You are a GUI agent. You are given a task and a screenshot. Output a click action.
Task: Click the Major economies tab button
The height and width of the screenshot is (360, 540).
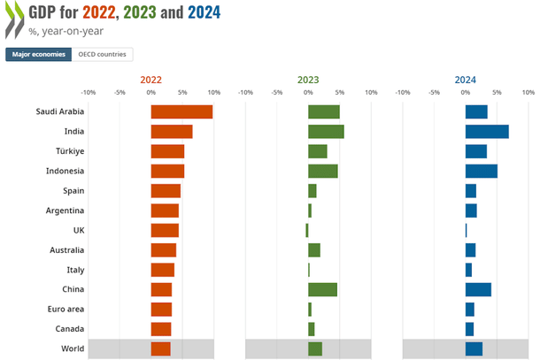pyautogui.click(x=38, y=55)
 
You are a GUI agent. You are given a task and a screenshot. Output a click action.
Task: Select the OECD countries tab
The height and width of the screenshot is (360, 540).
pyautogui.click(x=103, y=55)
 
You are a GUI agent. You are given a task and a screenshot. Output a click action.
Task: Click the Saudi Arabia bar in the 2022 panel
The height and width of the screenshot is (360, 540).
pyautogui.click(x=181, y=111)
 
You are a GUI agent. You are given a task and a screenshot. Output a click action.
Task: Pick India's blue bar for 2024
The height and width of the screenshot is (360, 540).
pyautogui.click(x=487, y=131)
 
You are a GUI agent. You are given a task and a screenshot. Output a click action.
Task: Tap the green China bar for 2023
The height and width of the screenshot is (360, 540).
pyautogui.click(x=322, y=289)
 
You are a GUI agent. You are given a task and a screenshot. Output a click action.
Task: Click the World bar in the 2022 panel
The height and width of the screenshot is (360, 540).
pyautogui.click(x=160, y=349)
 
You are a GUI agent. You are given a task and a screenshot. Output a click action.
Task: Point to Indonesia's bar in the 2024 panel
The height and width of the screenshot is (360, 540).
pyautogui.click(x=481, y=171)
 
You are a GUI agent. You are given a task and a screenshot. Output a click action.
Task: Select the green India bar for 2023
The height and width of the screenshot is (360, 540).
pyautogui.click(x=326, y=131)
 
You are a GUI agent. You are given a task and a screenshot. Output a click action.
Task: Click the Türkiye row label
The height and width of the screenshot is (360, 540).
pyautogui.click(x=66, y=151)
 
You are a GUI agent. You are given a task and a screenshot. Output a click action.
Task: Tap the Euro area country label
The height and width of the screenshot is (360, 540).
pyautogui.click(x=66, y=310)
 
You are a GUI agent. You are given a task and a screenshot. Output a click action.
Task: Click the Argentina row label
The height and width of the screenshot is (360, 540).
pyautogui.click(x=65, y=211)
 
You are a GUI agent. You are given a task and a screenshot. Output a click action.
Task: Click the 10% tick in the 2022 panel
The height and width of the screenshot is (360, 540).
pyautogui.click(x=213, y=92)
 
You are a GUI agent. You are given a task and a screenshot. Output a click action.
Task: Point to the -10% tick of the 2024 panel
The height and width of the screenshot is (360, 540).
pyautogui.click(x=403, y=92)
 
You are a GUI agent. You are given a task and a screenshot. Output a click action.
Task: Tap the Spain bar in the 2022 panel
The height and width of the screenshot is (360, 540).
pyautogui.click(x=166, y=191)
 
